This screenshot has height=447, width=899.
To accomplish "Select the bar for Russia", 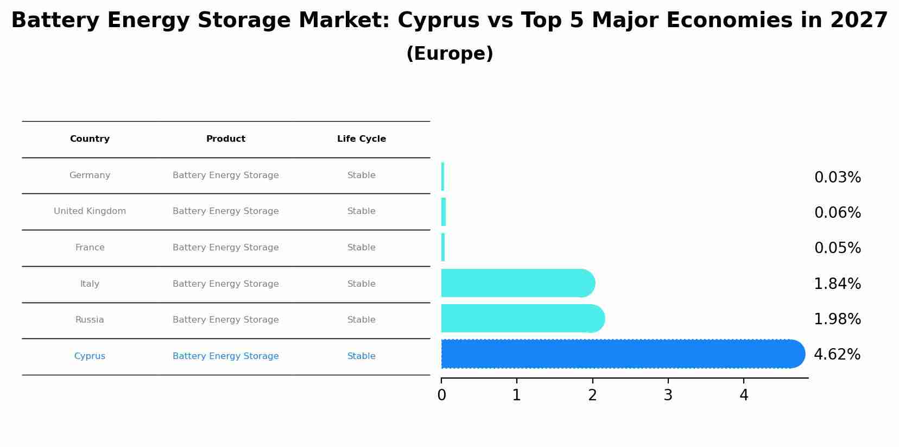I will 521,319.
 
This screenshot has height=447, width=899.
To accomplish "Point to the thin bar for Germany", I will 443,177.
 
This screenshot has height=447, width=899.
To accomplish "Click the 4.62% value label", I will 837,355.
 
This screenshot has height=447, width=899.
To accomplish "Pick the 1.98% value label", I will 837,319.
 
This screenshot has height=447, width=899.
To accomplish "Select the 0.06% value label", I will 837,213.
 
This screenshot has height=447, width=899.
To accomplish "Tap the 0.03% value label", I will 837,178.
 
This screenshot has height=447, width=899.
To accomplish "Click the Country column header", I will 90,139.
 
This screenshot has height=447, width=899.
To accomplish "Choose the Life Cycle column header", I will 362,139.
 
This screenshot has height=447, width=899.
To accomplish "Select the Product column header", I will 226,139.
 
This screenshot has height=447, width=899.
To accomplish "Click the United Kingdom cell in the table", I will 90,211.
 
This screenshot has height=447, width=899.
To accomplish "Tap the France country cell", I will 90,248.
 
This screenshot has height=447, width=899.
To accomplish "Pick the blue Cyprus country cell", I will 90,356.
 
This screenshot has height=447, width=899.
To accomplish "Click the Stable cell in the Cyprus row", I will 362,356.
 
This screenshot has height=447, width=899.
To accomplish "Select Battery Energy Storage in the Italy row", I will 226,284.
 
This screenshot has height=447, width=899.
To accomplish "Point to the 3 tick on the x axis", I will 668,395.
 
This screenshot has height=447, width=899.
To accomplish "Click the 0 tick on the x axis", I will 441,395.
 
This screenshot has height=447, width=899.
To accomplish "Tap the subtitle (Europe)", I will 449,54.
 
